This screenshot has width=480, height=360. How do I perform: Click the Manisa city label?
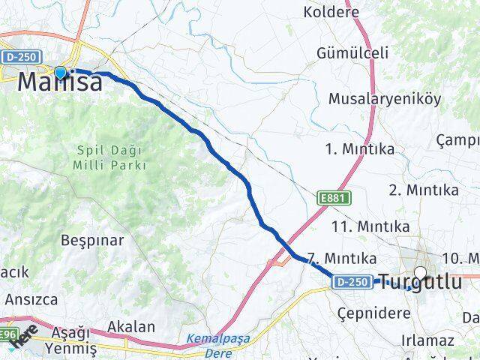tap(59, 82)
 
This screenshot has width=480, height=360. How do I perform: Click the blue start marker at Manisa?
tap(60, 73)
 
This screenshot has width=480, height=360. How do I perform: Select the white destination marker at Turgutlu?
tap(420, 273)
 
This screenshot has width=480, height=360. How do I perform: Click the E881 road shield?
tap(330, 197)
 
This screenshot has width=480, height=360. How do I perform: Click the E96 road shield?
tap(7, 334)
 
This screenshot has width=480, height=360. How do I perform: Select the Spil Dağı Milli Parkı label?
tap(110, 157)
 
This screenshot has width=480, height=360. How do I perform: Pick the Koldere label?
tap(331, 12)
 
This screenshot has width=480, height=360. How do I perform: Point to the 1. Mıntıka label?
tap(360, 148)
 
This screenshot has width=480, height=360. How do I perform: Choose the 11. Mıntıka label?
tap(370, 226)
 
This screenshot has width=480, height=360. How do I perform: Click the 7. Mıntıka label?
tap(340, 256)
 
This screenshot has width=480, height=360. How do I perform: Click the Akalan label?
tap(131, 326)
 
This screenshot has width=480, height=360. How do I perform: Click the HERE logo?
tap(24, 337)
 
